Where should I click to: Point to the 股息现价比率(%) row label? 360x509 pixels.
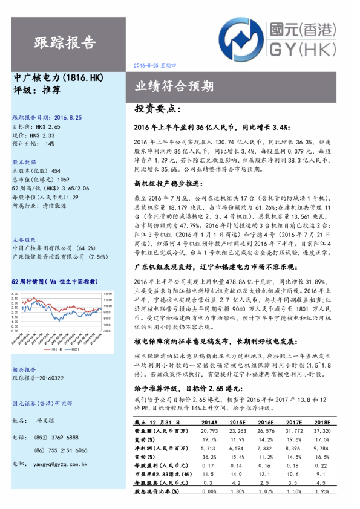tap(156, 493)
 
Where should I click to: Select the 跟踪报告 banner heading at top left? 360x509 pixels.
tap(65, 43)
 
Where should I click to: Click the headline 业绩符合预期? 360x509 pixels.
tap(174, 86)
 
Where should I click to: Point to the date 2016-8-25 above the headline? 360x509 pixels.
tap(152, 65)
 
